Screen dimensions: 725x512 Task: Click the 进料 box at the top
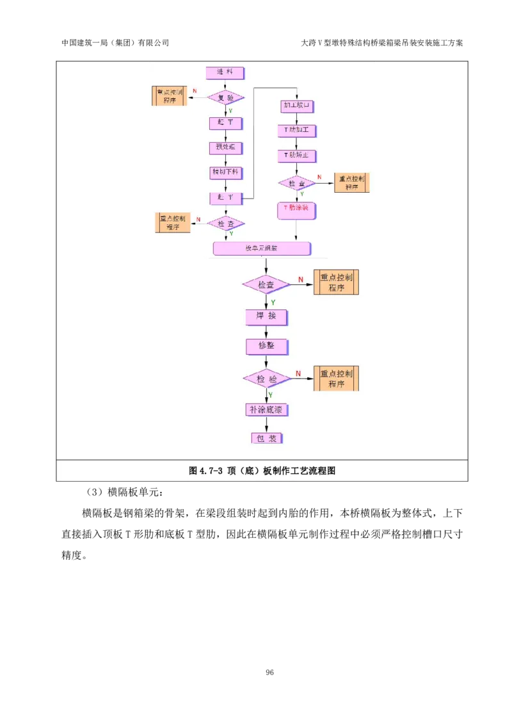[x=225, y=73]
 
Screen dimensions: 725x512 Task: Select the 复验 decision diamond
[x=226, y=97]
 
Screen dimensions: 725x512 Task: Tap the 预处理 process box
[x=225, y=147]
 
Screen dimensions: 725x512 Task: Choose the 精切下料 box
[x=225, y=172]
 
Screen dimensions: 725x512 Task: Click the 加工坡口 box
[x=296, y=105]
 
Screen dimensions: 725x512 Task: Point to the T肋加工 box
[x=296, y=130]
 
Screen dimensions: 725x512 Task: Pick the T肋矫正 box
[x=296, y=156]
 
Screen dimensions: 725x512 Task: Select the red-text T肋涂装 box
[x=296, y=208]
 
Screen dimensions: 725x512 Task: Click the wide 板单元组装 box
[x=262, y=248]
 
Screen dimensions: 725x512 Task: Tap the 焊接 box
[x=267, y=317]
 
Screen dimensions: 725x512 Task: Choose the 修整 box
[x=267, y=346]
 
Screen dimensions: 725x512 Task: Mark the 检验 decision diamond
[x=267, y=379]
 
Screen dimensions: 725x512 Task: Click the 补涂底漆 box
[x=266, y=409]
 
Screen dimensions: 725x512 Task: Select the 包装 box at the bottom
[x=266, y=438]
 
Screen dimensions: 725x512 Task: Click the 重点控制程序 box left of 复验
[x=170, y=96]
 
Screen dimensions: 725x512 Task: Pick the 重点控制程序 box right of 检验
[x=337, y=379]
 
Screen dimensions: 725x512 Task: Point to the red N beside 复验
[x=195, y=90]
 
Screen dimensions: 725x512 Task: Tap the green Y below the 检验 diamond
[x=271, y=395]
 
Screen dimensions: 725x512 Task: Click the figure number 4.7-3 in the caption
[x=211, y=471]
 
